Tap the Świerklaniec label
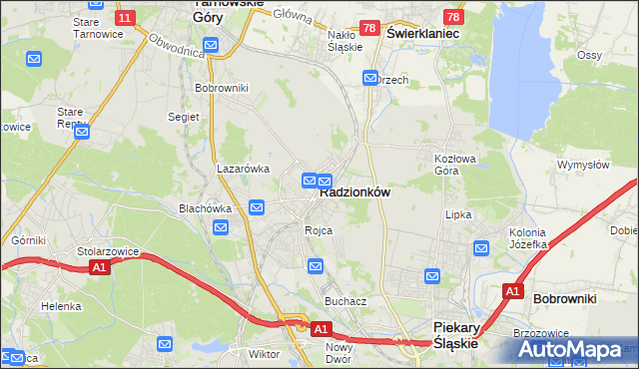[x=422, y=33]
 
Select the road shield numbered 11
[x=125, y=18]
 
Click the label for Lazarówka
[x=244, y=170]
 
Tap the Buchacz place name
[x=345, y=300]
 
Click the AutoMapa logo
[x=576, y=350]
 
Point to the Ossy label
[x=589, y=56]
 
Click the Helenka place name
[x=61, y=306]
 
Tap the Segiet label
[x=183, y=118]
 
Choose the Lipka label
[x=458, y=214]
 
